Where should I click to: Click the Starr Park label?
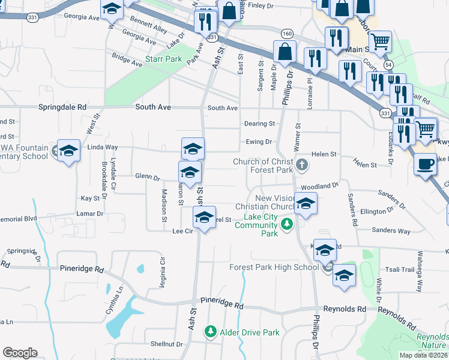(x=163, y=59)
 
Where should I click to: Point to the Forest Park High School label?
(x=274, y=267)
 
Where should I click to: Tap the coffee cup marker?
(x=426, y=164)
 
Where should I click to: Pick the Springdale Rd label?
(x=62, y=107)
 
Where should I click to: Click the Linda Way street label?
(x=103, y=147)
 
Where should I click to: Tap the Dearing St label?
(x=259, y=124)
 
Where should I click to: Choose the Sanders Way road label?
(x=391, y=230)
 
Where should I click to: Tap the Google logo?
(x=20, y=353)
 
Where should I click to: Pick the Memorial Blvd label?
(x=19, y=219)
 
